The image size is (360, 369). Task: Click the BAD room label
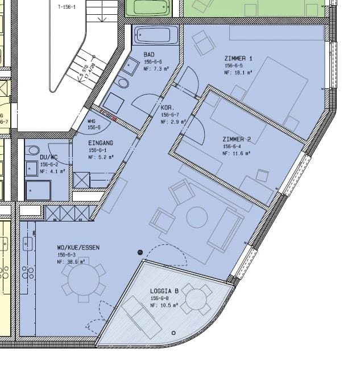(x=149, y=54)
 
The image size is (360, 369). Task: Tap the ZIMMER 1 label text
(x=238, y=59)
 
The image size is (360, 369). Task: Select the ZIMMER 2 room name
(x=237, y=139)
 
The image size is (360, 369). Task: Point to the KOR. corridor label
(x=167, y=108)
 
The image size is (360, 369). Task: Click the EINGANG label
(x=100, y=143)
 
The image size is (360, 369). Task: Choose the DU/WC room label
(x=49, y=157)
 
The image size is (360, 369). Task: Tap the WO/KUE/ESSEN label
(x=78, y=248)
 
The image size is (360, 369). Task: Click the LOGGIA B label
(x=164, y=291)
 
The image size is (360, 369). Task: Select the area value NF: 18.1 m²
(x=238, y=73)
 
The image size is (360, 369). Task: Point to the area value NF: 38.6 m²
(x=71, y=262)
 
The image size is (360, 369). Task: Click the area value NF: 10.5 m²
(x=164, y=305)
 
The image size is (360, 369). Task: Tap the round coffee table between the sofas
(x=197, y=218)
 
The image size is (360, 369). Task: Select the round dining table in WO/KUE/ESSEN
(x=83, y=280)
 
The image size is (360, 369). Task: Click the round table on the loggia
(x=196, y=299)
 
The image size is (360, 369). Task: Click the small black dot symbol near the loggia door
(x=140, y=252)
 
